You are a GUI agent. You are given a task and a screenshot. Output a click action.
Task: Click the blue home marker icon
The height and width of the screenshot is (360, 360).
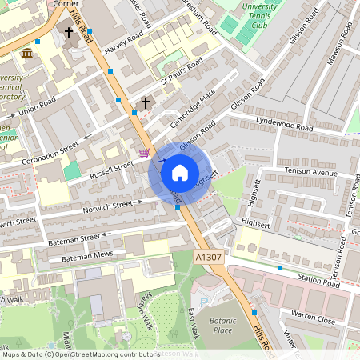[180, 172]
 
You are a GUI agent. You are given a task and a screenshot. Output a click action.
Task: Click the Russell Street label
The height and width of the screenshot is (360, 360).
[111, 169]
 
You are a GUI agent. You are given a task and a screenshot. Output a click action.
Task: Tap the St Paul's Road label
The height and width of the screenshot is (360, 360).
[182, 73]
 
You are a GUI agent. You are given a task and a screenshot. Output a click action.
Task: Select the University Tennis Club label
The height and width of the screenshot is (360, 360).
[258, 14]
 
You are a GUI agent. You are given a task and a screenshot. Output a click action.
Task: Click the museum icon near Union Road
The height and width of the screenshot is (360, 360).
[28, 54]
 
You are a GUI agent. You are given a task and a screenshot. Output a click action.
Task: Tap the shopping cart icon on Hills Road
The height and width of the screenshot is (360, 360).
[143, 152]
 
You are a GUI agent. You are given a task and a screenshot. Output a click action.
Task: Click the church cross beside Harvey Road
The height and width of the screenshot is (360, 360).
[69, 33]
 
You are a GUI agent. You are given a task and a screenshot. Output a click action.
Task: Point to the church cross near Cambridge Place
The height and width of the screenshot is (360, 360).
[146, 102]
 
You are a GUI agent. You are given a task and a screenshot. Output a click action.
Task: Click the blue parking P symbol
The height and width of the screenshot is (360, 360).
[204, 300]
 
